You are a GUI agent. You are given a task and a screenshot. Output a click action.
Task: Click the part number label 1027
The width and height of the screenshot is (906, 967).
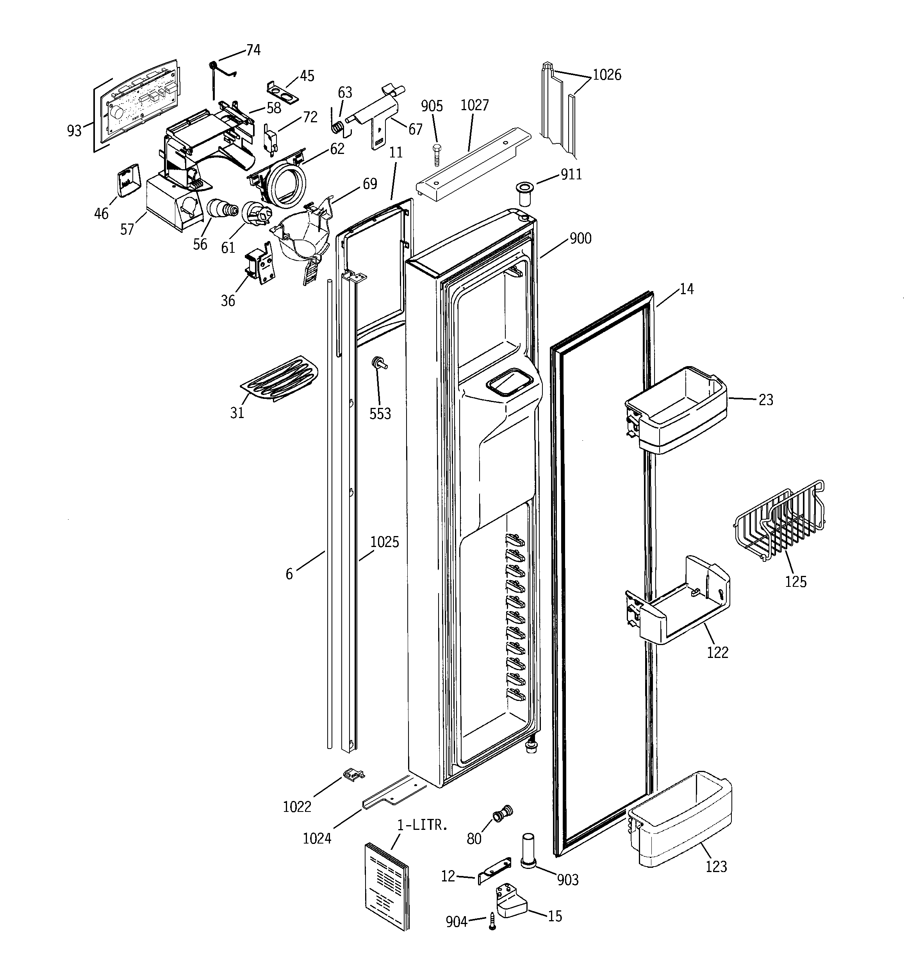pyautogui.click(x=474, y=105)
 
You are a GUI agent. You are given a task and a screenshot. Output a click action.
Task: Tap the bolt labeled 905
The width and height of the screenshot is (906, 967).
pyautogui.click(x=436, y=155)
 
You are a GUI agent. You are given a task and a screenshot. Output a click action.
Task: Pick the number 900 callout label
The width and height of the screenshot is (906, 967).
pyautogui.click(x=580, y=239)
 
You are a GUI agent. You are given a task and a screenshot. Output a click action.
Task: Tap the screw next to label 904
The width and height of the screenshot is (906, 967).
pyautogui.click(x=492, y=921)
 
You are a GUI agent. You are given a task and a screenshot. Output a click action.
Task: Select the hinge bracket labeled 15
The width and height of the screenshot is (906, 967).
pyautogui.click(x=510, y=902)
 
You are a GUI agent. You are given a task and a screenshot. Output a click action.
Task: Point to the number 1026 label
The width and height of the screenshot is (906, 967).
pyautogui.click(x=606, y=75)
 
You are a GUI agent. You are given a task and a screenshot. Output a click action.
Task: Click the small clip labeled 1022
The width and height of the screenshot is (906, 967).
pyautogui.click(x=354, y=774)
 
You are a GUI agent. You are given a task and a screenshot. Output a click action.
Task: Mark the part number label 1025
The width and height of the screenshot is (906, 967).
pyautogui.click(x=384, y=542)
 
